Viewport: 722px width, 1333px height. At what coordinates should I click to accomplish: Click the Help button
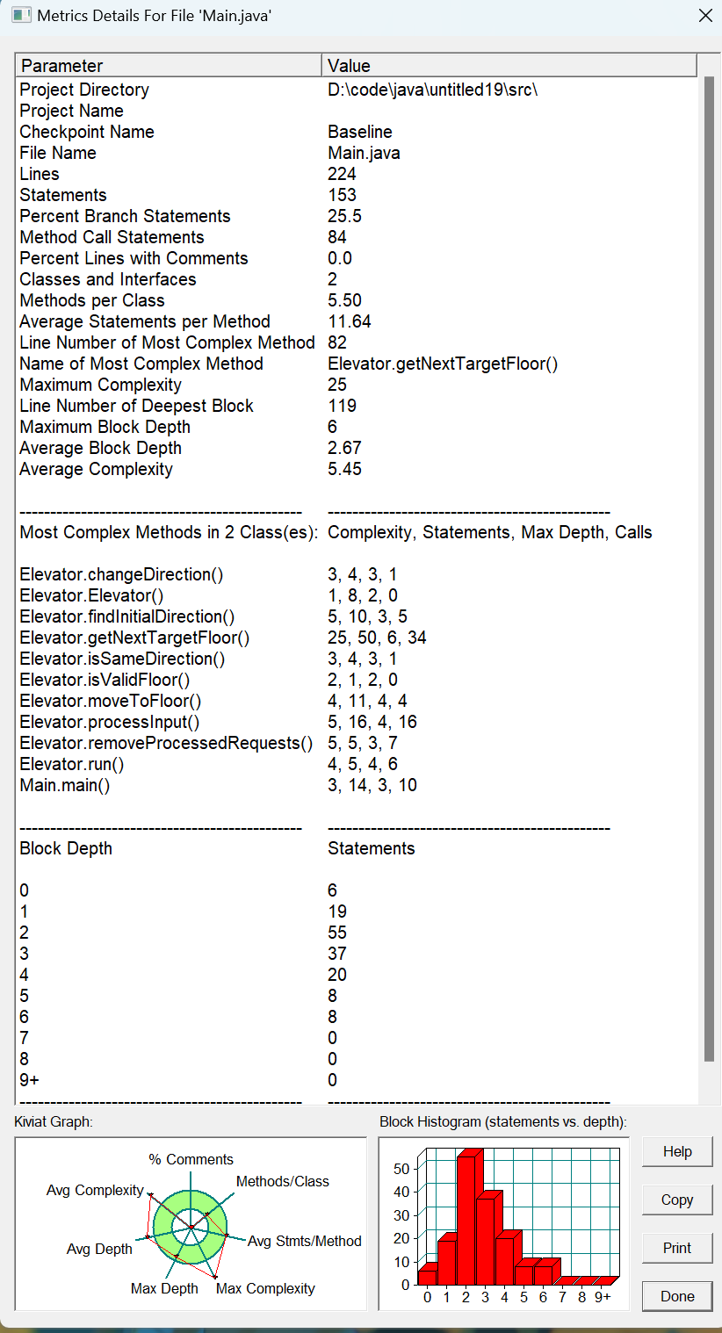coord(676,1151)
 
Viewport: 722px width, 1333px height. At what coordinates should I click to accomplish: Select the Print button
coord(676,1248)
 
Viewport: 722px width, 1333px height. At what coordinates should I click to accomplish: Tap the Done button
coord(676,1296)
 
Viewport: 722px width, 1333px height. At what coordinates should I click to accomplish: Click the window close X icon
coord(704,15)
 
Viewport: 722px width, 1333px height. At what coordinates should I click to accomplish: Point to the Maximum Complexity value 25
coord(337,385)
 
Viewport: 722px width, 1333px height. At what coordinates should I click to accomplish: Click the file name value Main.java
coord(364,153)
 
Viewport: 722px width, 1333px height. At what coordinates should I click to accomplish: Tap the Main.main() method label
coord(65,785)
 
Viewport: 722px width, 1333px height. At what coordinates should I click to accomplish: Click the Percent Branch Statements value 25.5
coord(345,216)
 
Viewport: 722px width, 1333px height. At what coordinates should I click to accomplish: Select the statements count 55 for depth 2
coord(337,933)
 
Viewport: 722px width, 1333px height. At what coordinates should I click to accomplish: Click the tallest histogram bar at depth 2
coord(466,1221)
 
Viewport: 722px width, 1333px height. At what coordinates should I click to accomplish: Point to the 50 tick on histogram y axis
coord(401,1169)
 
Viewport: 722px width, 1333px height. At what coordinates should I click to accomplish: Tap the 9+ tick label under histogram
coord(603,1297)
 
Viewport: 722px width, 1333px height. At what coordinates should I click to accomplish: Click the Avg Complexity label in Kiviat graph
coord(95,1191)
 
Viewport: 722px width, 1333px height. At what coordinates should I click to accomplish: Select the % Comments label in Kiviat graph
coord(191,1159)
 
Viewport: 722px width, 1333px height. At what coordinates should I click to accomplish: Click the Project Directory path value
coord(432,90)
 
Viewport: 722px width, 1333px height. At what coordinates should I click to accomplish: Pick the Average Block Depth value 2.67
coord(344,448)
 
